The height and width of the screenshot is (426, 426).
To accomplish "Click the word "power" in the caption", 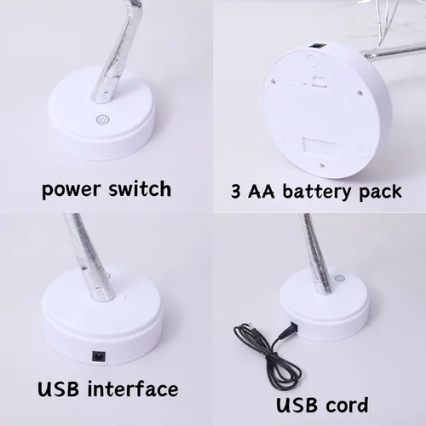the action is pyautogui.click(x=71, y=190).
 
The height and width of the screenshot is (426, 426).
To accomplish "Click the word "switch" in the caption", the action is pyautogui.click(x=140, y=187).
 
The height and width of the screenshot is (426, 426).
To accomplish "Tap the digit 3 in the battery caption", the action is pyautogui.click(x=236, y=191).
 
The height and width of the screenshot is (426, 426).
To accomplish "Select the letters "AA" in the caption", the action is pyautogui.click(x=262, y=191).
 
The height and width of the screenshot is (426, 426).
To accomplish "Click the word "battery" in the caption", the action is pyautogui.click(x=317, y=192).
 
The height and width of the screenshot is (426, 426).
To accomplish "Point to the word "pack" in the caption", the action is pyautogui.click(x=381, y=192).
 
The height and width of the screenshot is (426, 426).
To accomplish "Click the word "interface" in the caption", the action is pyautogui.click(x=133, y=389).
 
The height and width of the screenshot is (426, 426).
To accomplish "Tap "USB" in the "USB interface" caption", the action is pyautogui.click(x=59, y=389).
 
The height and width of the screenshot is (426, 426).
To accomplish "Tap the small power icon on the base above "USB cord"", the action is pyautogui.click(x=340, y=279).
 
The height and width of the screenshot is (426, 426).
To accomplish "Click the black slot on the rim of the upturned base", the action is pyautogui.click(x=317, y=45).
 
